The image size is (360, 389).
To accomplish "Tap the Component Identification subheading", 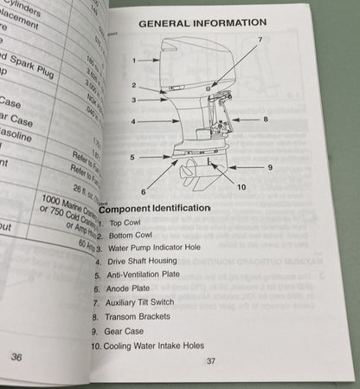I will point(155,209).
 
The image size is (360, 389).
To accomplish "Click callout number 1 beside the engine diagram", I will point(134,60).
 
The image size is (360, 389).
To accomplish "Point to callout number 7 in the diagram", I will point(260,40).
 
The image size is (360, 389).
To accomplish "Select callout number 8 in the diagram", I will point(267,118).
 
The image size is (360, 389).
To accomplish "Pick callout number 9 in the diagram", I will point(271,166).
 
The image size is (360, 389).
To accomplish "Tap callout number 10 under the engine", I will point(241,186).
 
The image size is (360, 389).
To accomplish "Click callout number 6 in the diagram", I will point(144,190).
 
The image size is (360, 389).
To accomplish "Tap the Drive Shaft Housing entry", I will point(144,261).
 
